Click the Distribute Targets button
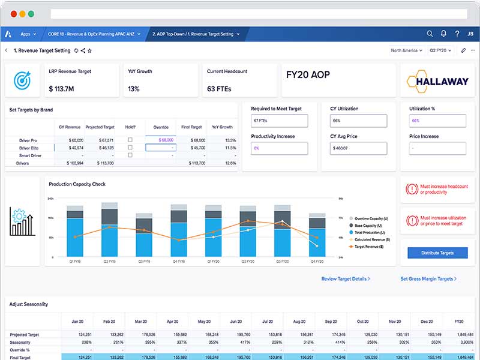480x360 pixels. click(x=437, y=253)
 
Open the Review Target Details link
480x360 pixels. click(x=346, y=279)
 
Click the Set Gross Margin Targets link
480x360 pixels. click(x=428, y=279)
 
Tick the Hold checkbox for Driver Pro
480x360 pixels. click(x=130, y=140)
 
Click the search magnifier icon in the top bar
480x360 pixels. click(x=430, y=34)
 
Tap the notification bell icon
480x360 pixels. click(x=443, y=34)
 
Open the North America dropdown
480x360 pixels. click(x=406, y=50)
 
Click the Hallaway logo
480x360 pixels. click(x=437, y=81)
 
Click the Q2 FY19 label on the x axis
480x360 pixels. click(x=109, y=262)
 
